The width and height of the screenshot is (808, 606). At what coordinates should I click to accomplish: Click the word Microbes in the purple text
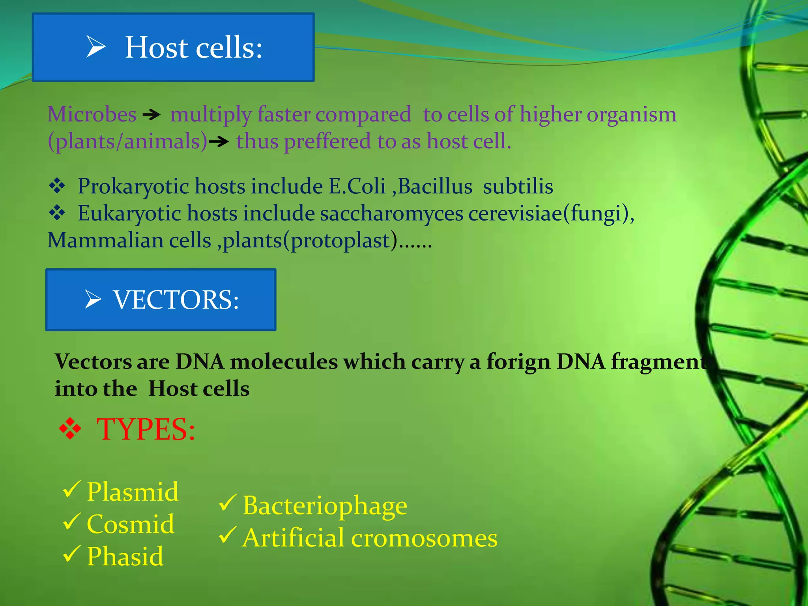92,114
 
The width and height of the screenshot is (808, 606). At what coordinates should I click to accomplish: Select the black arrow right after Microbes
151,115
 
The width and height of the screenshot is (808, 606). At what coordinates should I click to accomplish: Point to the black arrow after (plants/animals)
218,141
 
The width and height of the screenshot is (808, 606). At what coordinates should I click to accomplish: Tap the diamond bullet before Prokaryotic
57,186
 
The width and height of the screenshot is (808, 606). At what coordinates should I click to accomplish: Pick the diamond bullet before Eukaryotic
57,213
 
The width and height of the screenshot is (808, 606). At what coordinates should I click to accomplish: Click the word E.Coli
357,186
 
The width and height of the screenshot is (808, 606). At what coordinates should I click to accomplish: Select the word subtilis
518,186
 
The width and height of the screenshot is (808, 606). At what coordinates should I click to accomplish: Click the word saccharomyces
391,213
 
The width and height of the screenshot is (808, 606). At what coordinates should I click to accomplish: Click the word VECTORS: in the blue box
176,300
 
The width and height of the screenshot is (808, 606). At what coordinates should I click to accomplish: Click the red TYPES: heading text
146,429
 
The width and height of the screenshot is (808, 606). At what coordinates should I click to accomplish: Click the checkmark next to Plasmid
72,489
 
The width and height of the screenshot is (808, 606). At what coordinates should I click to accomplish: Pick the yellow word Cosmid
130,524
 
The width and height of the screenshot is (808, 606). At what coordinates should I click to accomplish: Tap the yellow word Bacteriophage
325,506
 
